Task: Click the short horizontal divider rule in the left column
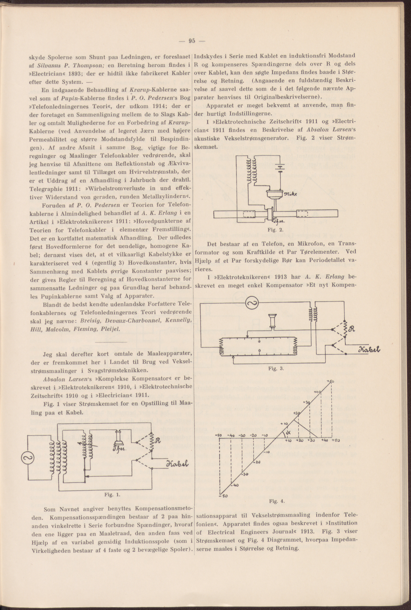(111, 342)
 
